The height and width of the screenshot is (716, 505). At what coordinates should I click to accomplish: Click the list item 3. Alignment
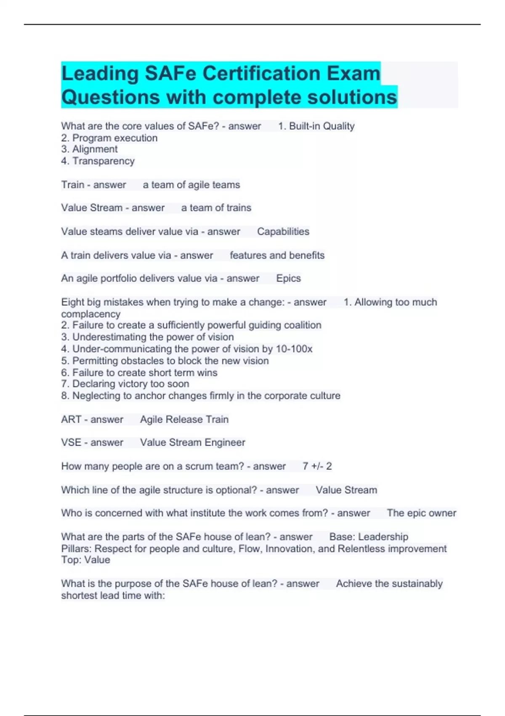pos(89,149)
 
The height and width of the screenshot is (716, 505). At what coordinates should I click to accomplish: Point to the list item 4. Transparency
pos(98,161)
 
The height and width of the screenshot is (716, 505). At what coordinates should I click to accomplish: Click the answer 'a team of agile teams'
pos(191,185)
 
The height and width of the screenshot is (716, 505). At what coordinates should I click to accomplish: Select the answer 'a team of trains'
pos(216,208)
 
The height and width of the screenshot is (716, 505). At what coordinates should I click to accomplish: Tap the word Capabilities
pos(283,232)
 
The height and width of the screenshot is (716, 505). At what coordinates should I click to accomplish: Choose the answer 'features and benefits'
pos(277,255)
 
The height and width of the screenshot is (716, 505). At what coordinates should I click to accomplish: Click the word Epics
pos(288,278)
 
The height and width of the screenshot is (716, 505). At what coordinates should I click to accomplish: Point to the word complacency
pos(90,314)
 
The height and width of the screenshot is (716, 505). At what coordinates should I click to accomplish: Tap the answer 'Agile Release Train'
pos(184,419)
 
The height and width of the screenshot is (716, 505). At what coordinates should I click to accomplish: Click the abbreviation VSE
pos(71,443)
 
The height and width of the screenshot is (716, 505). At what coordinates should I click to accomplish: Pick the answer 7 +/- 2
pos(317,466)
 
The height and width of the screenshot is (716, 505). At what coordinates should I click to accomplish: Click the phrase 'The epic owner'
pos(421,513)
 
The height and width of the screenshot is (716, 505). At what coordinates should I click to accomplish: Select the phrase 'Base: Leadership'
pos(368,537)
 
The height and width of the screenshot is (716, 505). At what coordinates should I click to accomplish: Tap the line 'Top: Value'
pos(85,560)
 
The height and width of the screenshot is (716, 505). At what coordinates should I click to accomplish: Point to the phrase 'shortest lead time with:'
pos(113,596)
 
